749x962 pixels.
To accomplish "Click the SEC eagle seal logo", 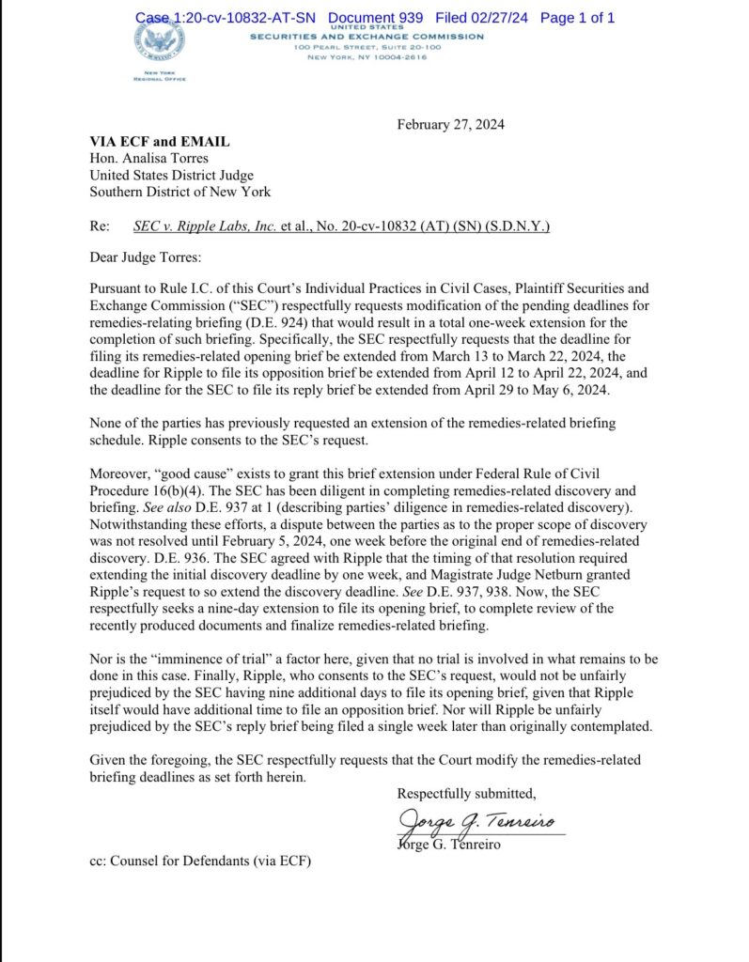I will click(161, 39).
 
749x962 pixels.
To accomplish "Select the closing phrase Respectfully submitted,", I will click(466, 794).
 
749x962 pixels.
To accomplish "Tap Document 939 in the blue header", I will click(375, 18).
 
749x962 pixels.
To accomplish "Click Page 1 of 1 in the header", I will click(578, 18).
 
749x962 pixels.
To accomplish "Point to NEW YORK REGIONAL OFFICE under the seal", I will click(161, 75).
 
